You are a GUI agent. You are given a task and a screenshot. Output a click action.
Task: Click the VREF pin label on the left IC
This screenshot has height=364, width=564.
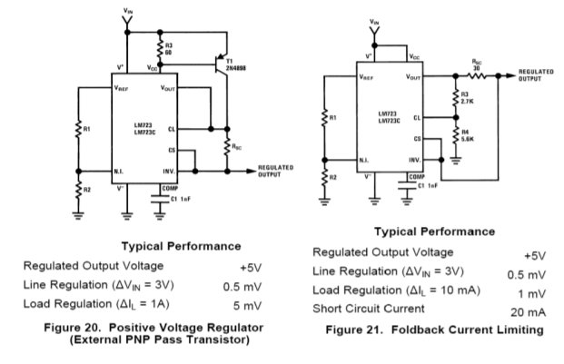point(124,88)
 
